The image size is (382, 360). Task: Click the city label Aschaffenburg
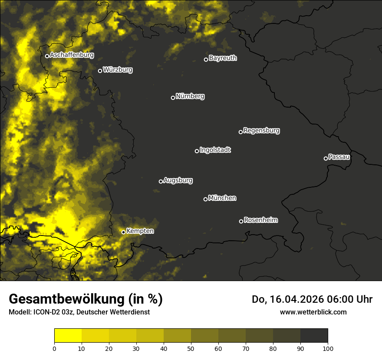(x=72, y=55)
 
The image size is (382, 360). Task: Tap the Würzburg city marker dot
(x=100, y=71)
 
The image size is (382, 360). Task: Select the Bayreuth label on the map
(x=223, y=58)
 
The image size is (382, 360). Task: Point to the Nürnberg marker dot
(x=173, y=98)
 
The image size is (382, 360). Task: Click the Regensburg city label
(x=261, y=130)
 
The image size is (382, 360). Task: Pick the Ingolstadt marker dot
(x=197, y=151)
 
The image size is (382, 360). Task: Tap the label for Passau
(x=339, y=157)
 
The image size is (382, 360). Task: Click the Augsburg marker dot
(x=161, y=181)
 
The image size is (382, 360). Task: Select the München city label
(x=222, y=198)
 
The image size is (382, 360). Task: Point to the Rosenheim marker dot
(x=241, y=221)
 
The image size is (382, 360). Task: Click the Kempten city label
(x=140, y=231)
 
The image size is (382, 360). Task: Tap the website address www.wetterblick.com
(x=313, y=312)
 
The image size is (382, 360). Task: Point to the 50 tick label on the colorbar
(x=191, y=348)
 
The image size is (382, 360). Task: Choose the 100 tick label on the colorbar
(x=328, y=348)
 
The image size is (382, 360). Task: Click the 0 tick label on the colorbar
(x=54, y=348)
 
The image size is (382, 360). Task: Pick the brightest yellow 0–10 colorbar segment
(x=68, y=336)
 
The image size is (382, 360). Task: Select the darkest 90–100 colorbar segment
(x=314, y=336)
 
